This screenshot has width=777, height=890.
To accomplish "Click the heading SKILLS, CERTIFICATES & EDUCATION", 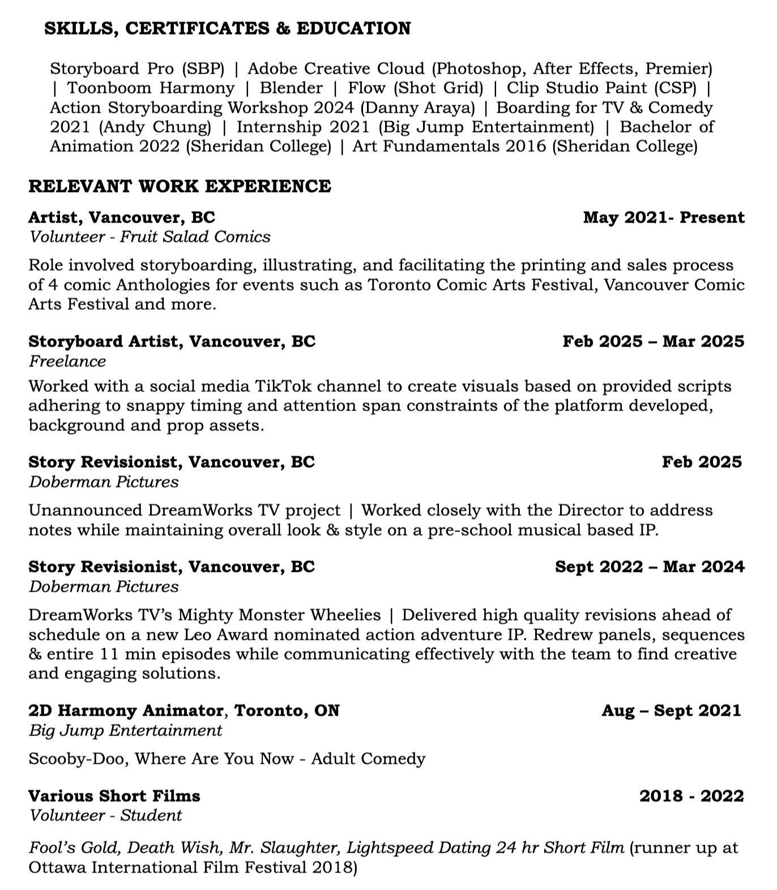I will tap(227, 28).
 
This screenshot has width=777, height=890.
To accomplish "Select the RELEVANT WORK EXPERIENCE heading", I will tap(180, 186).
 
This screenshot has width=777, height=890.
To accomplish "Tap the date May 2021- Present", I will tap(664, 217).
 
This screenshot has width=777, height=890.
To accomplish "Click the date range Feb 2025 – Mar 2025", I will tap(653, 341).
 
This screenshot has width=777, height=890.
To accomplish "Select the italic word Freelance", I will tap(67, 361).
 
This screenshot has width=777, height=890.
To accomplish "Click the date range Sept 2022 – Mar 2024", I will tap(650, 567).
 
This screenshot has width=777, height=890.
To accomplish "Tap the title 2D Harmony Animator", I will tap(126, 711).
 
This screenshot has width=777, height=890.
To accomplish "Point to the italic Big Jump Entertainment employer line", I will tap(125, 730).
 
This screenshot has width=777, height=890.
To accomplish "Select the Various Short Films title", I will tap(114, 796).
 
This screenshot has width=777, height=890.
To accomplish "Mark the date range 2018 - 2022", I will tap(691, 796).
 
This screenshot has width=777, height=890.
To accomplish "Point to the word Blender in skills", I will tap(291, 88).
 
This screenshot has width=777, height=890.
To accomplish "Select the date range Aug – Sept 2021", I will tap(671, 711).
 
